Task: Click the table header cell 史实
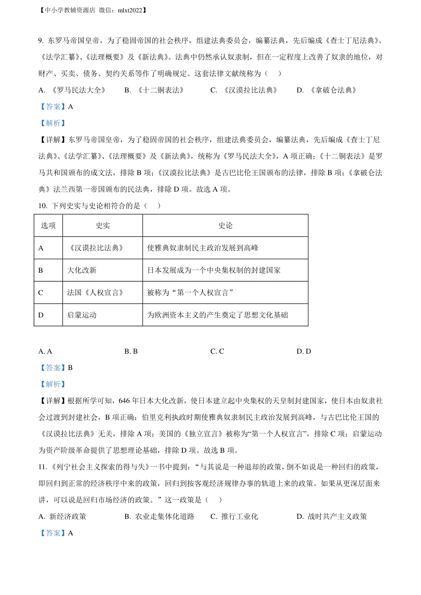[103, 226]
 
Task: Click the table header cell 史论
[225, 226]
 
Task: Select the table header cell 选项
[48, 226]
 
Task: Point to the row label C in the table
[41, 293]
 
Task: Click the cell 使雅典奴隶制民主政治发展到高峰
[203, 248]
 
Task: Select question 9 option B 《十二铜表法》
[154, 90]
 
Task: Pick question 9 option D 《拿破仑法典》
[327, 90]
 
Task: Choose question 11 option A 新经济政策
[62, 517]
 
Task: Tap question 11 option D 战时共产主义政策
[332, 517]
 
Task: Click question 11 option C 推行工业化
[234, 517]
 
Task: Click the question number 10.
[42, 206]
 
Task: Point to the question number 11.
[42, 467]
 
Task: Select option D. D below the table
[304, 351]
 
